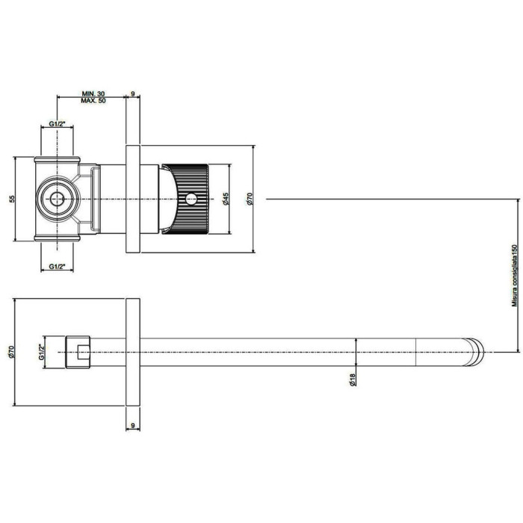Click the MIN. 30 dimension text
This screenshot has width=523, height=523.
tap(93, 93)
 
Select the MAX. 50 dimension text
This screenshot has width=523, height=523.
tap(93, 100)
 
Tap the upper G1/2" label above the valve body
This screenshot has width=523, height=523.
tap(57, 124)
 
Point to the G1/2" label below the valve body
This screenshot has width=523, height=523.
tap(57, 266)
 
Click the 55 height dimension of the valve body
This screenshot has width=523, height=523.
tap(13, 199)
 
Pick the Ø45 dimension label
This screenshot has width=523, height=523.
tap(226, 199)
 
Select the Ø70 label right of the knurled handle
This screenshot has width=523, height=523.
tap(250, 199)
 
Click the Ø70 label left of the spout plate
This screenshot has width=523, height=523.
tap(11, 352)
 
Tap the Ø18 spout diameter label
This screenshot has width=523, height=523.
tap(353, 380)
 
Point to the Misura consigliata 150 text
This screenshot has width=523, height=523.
tap(515, 276)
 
